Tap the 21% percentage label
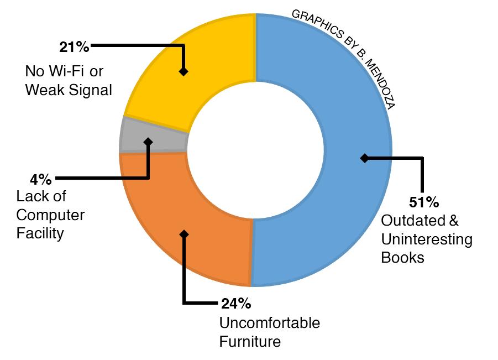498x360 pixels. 74,47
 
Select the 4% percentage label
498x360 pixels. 41,179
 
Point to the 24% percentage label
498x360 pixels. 236,304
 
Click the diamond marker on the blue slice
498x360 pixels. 364,158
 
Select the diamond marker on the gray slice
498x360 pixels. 148,142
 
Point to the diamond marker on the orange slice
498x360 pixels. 184,234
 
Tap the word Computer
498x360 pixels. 50,215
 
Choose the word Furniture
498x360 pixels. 250,341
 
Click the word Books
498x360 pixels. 402,258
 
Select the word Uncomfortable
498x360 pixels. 269,323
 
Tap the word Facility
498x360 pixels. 40,233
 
